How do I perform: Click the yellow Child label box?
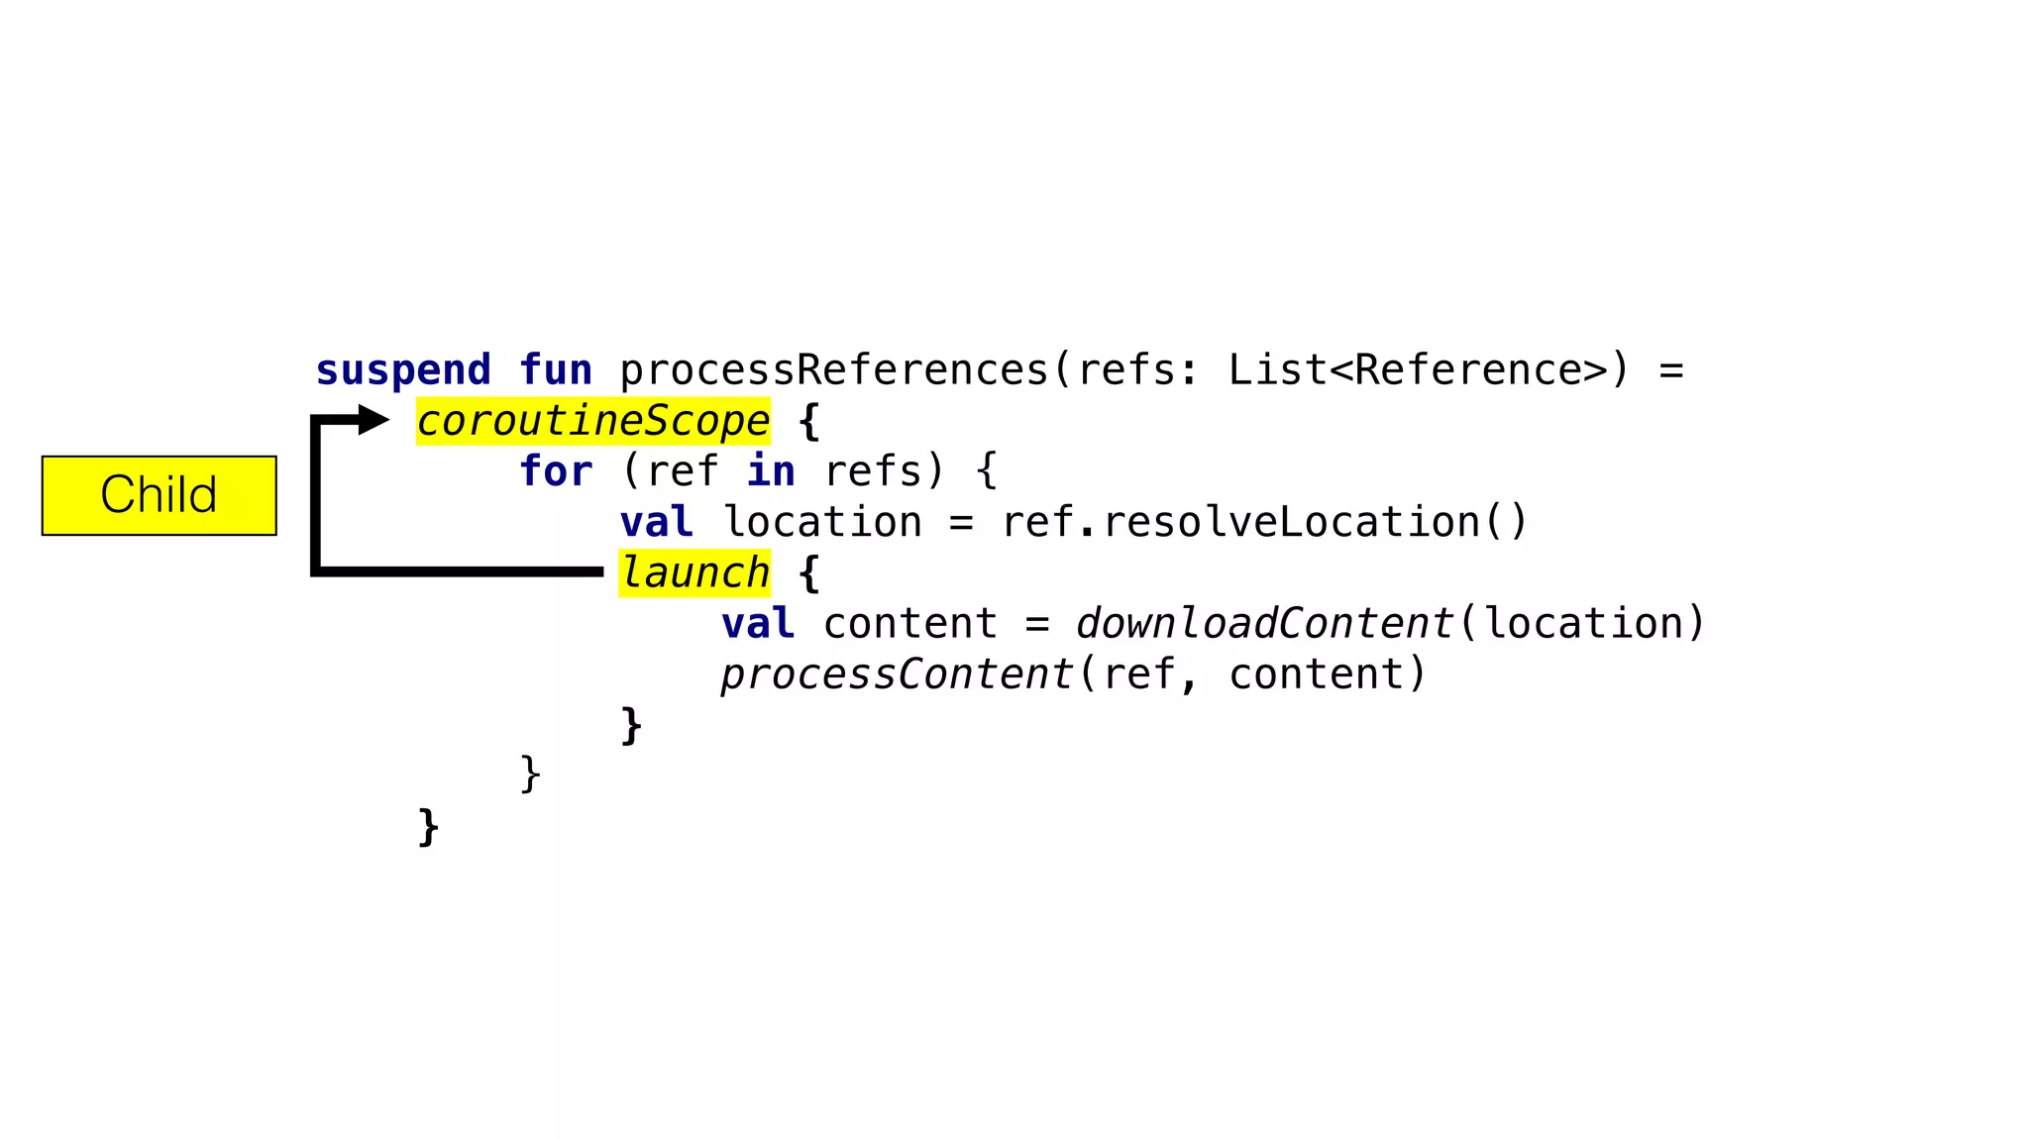click(159, 495)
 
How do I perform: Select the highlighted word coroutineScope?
click(592, 421)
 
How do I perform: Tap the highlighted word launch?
click(694, 573)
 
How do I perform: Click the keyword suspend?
click(403, 370)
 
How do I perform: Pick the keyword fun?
click(556, 370)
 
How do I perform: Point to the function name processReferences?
click(833, 370)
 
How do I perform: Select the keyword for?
click(556, 471)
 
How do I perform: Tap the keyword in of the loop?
click(771, 471)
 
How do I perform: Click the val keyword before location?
click(656, 522)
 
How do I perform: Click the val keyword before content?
click(758, 624)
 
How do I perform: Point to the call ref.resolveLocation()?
click(1265, 522)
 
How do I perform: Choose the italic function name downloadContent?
click(1265, 624)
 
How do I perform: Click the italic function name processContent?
click(897, 674)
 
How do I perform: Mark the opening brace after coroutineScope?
click(808, 421)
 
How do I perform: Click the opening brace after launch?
click(808, 573)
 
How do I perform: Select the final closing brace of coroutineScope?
click(428, 827)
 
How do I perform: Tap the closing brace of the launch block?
click(631, 726)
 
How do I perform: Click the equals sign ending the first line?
click(1671, 370)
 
